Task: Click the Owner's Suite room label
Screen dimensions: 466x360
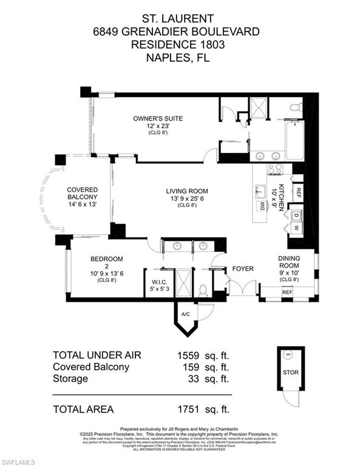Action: pyautogui.click(x=158, y=118)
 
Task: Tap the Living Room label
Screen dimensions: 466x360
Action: pyautogui.click(x=185, y=191)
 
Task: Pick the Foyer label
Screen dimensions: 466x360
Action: pyautogui.click(x=243, y=268)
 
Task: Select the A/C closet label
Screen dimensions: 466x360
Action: pyautogui.click(x=186, y=314)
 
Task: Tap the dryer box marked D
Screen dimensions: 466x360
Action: pyautogui.click(x=296, y=215)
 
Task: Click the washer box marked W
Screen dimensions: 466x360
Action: pyautogui.click(x=296, y=229)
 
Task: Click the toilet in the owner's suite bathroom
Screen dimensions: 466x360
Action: pyautogui.click(x=296, y=108)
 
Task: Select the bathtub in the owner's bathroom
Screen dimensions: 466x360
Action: pyautogui.click(x=294, y=140)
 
